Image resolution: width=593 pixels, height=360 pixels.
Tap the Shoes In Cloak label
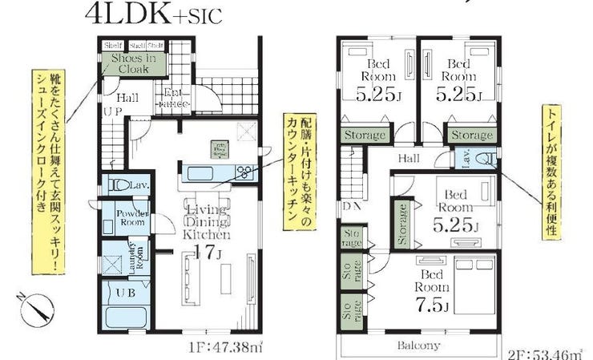click(134, 63)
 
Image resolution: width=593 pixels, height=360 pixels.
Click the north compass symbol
click(34, 310)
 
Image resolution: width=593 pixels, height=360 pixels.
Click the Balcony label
click(418, 346)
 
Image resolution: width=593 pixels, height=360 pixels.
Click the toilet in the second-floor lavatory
click(485, 160)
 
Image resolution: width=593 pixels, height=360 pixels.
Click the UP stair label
click(111, 112)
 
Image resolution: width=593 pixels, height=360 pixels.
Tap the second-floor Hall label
click(409, 158)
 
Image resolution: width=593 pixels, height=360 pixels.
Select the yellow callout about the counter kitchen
click(296, 171)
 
